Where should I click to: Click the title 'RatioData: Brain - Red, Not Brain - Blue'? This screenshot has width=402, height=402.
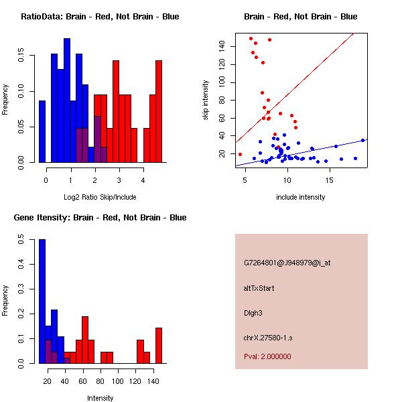point(99,17)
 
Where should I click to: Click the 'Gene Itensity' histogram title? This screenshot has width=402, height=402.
point(99,218)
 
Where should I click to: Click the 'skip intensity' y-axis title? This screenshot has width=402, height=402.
point(206,100)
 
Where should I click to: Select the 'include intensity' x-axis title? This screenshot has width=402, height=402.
point(301,197)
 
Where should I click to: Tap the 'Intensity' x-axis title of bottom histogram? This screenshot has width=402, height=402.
point(100,398)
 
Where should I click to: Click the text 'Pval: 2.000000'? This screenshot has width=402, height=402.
point(267,356)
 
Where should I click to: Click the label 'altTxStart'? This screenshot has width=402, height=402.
point(259,288)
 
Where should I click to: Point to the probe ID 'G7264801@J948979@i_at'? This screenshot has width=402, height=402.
point(287,263)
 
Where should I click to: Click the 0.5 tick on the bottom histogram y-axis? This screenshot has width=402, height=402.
point(25,238)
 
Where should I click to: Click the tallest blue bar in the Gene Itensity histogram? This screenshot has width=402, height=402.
point(42,301)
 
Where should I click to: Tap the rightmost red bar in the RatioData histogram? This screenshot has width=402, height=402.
point(159,111)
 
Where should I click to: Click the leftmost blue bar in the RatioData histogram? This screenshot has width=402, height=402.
point(42,131)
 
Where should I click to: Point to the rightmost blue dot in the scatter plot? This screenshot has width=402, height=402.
point(362,140)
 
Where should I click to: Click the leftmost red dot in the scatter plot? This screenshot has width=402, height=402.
point(241,154)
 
